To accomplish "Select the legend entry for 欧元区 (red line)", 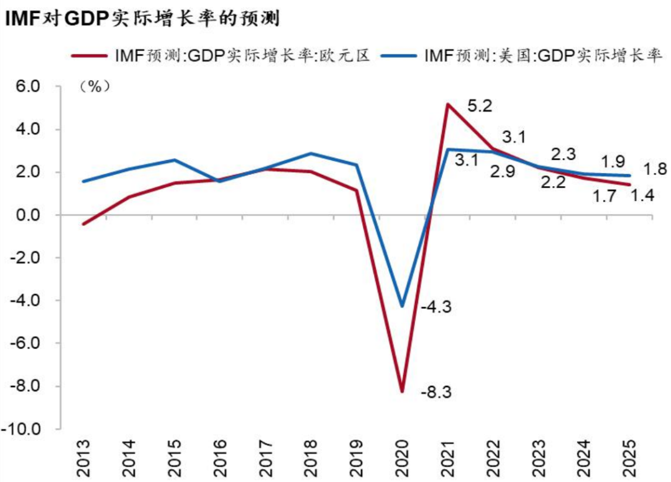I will (221, 55).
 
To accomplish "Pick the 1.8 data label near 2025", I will (655, 169).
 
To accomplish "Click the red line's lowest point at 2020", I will (402, 391).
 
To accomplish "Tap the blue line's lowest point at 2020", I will (402, 306).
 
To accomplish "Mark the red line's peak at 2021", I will (447, 104).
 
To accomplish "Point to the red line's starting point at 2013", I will (83, 224).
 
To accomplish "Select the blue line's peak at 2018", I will (311, 153).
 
